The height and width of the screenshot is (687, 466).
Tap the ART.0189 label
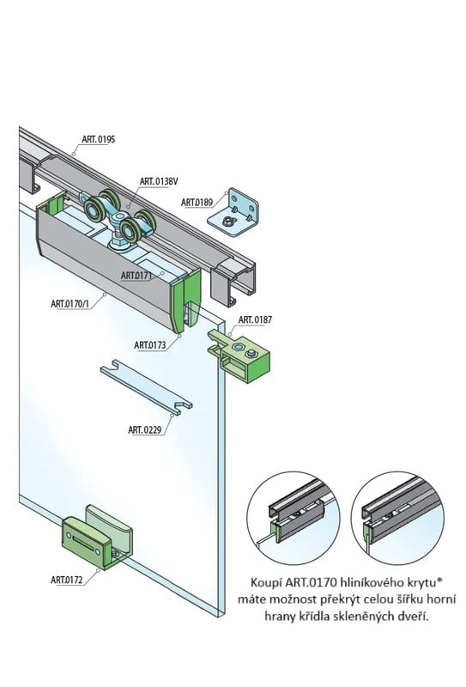click(197, 202)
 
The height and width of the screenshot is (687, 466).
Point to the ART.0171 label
click(136, 276)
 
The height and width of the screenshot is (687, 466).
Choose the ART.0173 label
click(150, 344)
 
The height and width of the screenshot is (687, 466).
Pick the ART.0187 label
click(257, 319)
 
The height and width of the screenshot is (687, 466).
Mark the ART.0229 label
click(145, 429)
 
